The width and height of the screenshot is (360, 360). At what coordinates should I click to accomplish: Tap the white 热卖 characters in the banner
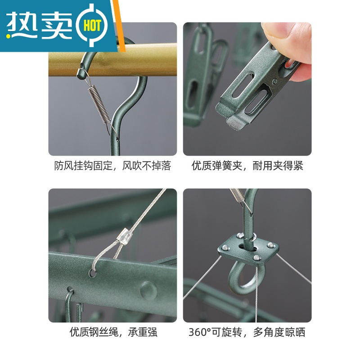(x=39, y=25)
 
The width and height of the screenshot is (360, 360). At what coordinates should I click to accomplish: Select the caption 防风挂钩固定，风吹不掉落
(x=112, y=166)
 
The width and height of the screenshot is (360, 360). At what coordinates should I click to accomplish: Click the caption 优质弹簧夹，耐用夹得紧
(x=247, y=166)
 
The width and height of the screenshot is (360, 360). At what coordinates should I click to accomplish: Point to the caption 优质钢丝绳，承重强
(x=113, y=332)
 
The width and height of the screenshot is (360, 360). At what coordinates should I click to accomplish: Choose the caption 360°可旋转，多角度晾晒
(x=247, y=332)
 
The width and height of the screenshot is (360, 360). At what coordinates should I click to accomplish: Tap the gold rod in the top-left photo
(x=112, y=60)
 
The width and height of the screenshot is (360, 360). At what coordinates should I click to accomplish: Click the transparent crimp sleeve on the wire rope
(x=125, y=235)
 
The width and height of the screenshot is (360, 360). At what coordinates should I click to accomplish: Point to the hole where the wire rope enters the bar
(x=93, y=274)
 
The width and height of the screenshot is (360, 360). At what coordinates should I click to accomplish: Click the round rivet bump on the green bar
(x=148, y=290)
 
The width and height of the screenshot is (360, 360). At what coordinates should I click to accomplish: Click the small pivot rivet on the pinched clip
(x=274, y=81)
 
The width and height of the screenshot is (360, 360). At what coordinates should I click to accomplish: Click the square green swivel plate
(x=248, y=250)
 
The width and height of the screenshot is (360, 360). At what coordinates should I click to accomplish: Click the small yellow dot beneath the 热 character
(x=9, y=36)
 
